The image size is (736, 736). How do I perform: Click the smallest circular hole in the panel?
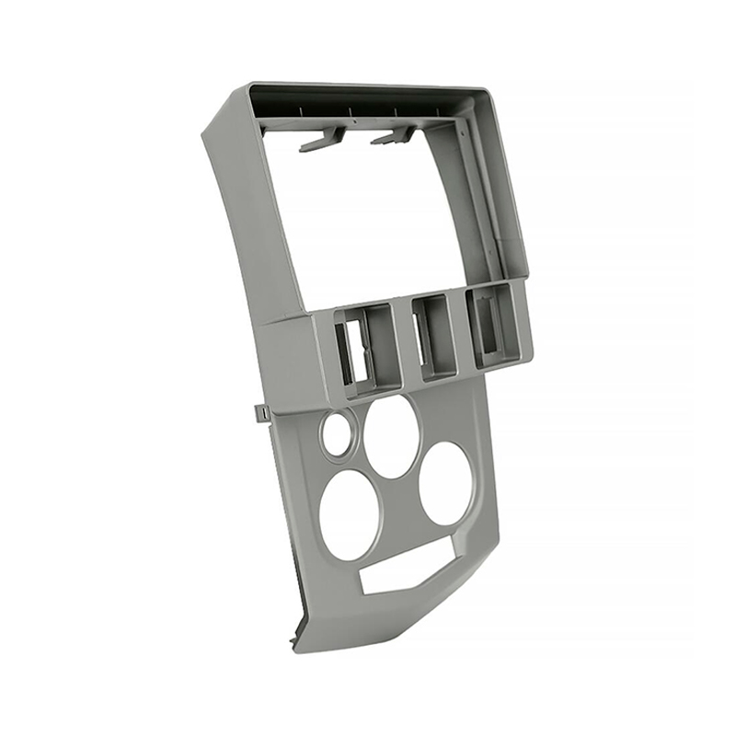[x=336, y=430]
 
